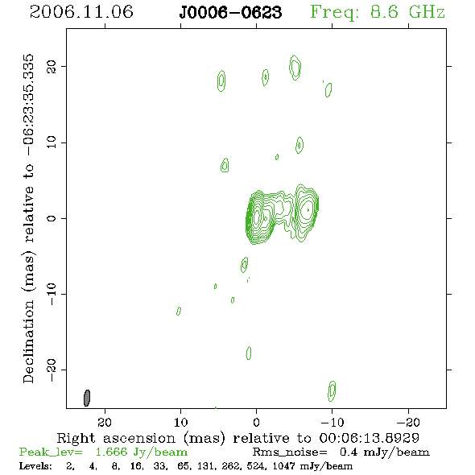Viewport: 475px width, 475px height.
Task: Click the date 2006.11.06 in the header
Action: [81, 12]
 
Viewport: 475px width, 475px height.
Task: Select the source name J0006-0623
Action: [230, 13]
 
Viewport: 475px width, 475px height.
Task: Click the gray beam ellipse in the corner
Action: [87, 398]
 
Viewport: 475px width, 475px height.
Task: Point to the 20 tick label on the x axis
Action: [105, 423]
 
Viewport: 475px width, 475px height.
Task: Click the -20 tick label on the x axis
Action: [408, 423]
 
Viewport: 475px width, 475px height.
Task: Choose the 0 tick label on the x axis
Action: [256, 423]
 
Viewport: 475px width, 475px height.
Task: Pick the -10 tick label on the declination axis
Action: [52, 294]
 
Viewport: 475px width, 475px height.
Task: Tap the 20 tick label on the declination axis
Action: [52, 67]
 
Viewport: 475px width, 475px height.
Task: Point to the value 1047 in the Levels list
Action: [283, 466]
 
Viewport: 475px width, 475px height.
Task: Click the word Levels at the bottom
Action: [35, 466]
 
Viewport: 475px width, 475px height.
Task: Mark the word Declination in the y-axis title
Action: [28, 341]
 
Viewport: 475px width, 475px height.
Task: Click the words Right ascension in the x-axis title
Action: [116, 438]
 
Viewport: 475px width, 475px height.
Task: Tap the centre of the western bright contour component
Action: [308, 210]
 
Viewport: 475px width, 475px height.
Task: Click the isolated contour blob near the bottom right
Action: [332, 391]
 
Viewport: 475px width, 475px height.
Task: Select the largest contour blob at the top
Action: [295, 68]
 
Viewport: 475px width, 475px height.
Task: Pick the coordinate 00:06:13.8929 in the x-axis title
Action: [370, 438]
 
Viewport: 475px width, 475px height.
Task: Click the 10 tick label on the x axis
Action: [180, 423]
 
